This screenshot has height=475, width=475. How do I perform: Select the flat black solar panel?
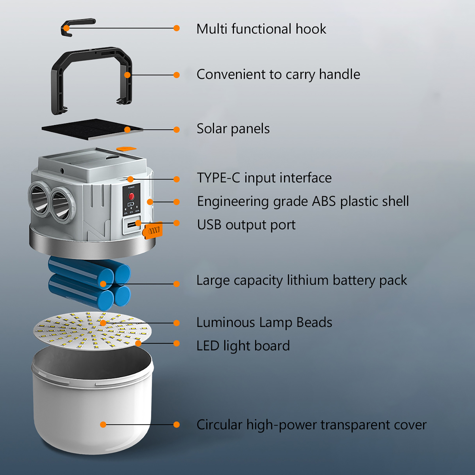[92, 129]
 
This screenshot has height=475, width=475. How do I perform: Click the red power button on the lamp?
[131, 196]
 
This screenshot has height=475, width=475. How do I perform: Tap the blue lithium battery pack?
[89, 283]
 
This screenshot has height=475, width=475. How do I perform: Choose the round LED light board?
[92, 330]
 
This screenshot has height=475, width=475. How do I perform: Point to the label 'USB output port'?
[246, 225]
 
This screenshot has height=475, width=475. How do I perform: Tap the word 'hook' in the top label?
[311, 29]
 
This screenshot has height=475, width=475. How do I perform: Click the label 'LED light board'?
[243, 346]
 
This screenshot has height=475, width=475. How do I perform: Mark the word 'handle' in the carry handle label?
[339, 74]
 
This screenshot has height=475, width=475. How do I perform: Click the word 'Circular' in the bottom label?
[219, 425]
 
